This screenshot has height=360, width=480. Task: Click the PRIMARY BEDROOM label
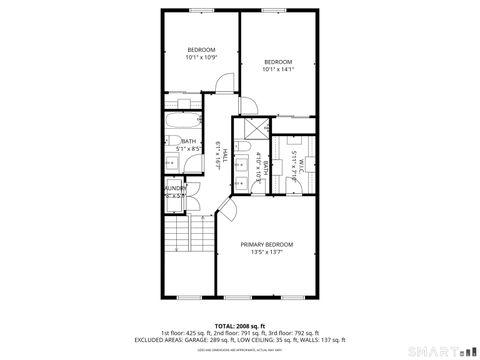tap(266, 244)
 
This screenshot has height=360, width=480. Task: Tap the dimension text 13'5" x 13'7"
tap(266, 253)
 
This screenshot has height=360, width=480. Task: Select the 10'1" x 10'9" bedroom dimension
tap(201, 58)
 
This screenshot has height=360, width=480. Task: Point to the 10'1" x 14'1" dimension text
tap(277, 70)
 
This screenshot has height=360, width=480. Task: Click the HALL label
tap(225, 153)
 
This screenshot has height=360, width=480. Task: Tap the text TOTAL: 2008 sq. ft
tap(239, 326)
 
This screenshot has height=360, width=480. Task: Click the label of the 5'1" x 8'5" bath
tap(188, 141)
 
